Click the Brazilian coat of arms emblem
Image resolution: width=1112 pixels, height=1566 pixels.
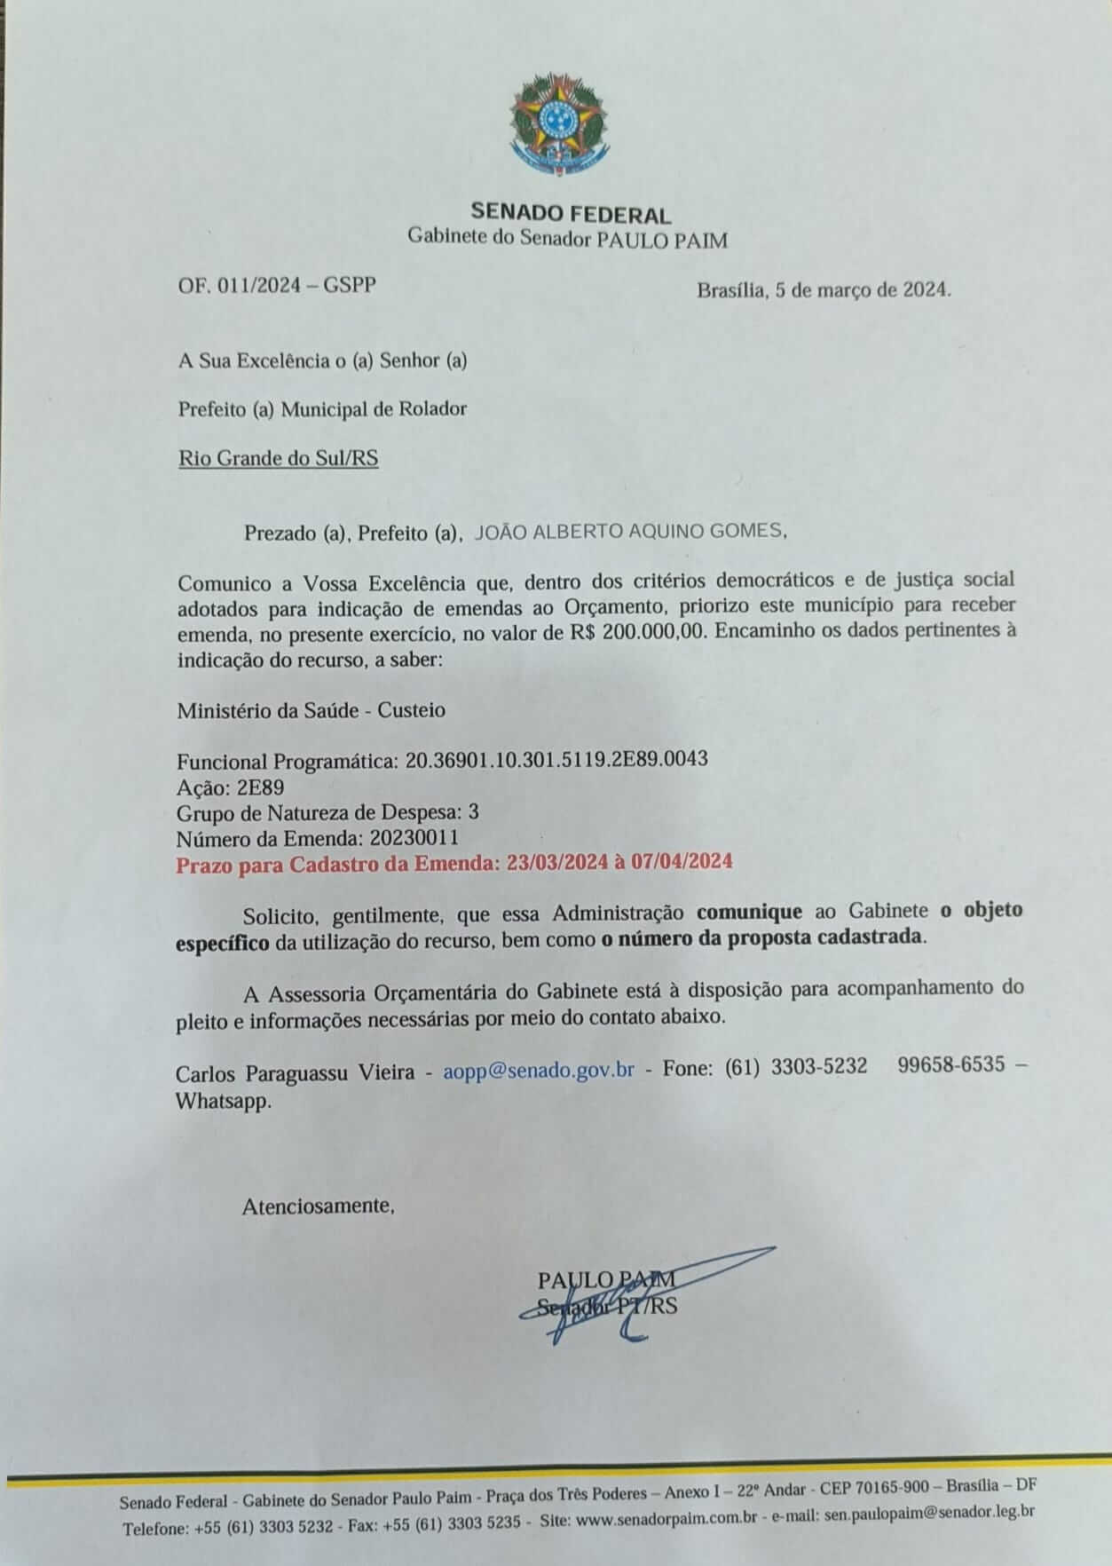(558, 125)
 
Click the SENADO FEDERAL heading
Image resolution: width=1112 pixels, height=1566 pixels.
(570, 213)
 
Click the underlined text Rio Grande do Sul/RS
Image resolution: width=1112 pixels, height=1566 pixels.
(278, 458)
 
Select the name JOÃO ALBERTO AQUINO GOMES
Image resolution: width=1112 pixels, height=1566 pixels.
(630, 531)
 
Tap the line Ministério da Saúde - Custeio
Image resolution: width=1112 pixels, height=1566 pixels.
(311, 710)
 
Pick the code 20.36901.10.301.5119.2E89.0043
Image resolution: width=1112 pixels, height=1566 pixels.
(556, 760)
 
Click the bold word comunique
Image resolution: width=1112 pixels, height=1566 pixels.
(749, 911)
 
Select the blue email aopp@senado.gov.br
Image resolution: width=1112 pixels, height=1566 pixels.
(538, 1069)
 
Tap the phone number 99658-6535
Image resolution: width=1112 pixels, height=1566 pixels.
(951, 1065)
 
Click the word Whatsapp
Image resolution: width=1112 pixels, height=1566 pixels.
(222, 1101)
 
